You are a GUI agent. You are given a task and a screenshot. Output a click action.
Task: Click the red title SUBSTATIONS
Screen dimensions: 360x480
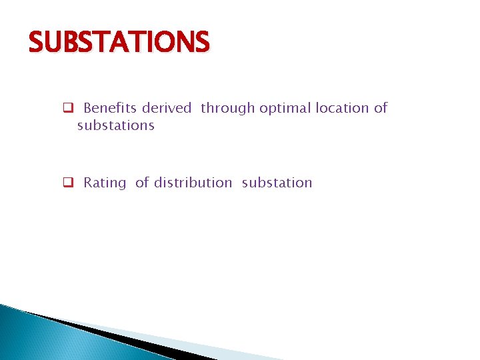[x=119, y=43]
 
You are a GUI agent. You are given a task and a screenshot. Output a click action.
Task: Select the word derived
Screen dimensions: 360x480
[x=166, y=108]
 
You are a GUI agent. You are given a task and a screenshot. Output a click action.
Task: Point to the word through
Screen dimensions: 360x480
[x=227, y=109]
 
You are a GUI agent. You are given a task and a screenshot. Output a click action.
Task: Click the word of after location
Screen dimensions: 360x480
[x=381, y=108]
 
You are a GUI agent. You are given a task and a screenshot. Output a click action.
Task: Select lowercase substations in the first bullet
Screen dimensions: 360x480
[x=115, y=125]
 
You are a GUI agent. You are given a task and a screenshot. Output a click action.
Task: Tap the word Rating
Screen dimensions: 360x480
[x=105, y=183]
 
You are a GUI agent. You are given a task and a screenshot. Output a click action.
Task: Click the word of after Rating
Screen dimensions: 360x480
[x=142, y=183]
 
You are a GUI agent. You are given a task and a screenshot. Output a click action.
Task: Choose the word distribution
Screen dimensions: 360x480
[x=193, y=183]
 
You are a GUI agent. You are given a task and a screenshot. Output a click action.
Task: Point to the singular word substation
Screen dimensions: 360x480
[x=277, y=183]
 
